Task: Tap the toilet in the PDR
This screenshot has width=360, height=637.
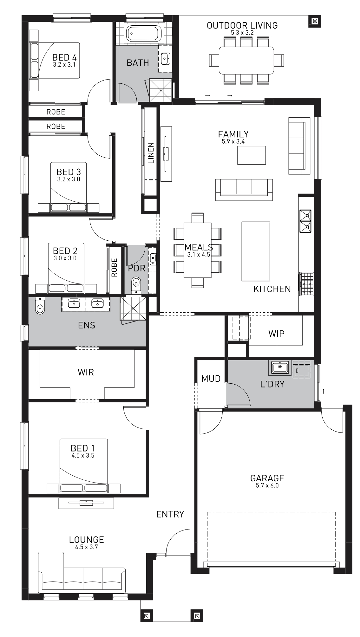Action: [x=136, y=284]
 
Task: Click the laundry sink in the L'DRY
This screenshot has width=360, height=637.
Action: [x=279, y=368]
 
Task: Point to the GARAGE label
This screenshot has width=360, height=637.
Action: [x=267, y=478]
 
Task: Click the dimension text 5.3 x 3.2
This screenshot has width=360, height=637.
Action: [x=242, y=32]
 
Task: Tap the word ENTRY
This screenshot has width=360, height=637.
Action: [x=170, y=514]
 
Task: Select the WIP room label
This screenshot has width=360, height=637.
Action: [x=276, y=334]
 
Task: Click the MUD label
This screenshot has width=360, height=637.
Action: [x=211, y=378]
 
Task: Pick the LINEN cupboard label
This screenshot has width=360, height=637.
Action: [x=151, y=153]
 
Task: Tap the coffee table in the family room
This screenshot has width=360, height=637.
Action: [x=252, y=155]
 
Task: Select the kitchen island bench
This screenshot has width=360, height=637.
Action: [x=256, y=251]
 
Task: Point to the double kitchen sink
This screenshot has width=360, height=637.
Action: [x=305, y=221]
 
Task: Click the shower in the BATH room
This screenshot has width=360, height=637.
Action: [x=161, y=90]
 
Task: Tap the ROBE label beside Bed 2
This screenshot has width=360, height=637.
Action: [x=114, y=267]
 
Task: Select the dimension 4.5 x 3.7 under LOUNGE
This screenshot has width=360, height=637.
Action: [x=87, y=547]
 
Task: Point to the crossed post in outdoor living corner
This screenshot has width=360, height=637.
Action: [x=315, y=22]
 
